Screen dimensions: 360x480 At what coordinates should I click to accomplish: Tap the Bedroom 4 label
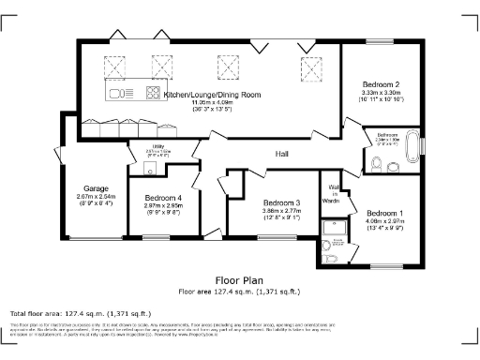(x=163, y=197)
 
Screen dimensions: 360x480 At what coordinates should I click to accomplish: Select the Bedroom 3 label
(x=281, y=203)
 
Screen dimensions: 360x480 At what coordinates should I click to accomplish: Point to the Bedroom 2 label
(x=382, y=84)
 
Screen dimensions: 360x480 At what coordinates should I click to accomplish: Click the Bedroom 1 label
(x=385, y=212)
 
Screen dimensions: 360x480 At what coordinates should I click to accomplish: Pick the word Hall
(x=281, y=153)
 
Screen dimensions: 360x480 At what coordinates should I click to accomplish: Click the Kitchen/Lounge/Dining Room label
(x=211, y=96)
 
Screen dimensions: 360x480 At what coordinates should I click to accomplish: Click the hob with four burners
(x=152, y=93)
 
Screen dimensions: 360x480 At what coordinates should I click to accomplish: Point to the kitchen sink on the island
(x=119, y=93)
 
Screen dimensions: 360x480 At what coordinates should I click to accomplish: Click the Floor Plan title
(x=239, y=279)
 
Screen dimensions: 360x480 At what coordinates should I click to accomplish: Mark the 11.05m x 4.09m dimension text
(x=211, y=103)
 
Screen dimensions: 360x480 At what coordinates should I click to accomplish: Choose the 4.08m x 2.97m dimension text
(x=385, y=220)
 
